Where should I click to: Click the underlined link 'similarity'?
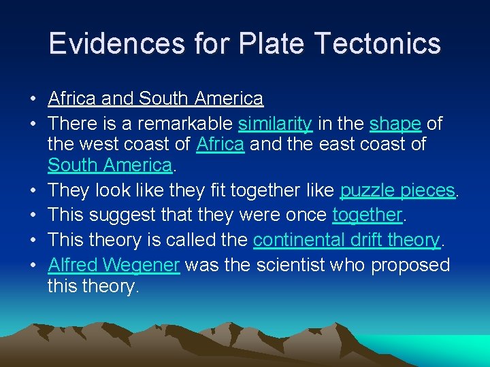[x=275, y=124]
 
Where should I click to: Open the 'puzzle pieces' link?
[x=397, y=190]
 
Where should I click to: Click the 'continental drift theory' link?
[x=346, y=240]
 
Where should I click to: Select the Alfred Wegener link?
[x=114, y=264]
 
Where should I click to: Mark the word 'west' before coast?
[x=94, y=144]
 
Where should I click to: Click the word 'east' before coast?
[x=334, y=144]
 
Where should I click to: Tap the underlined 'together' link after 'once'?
[x=367, y=215]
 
